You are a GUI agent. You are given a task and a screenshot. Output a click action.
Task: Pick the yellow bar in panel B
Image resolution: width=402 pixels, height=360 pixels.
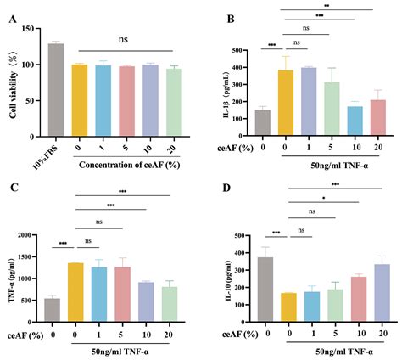[x=287, y=101]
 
